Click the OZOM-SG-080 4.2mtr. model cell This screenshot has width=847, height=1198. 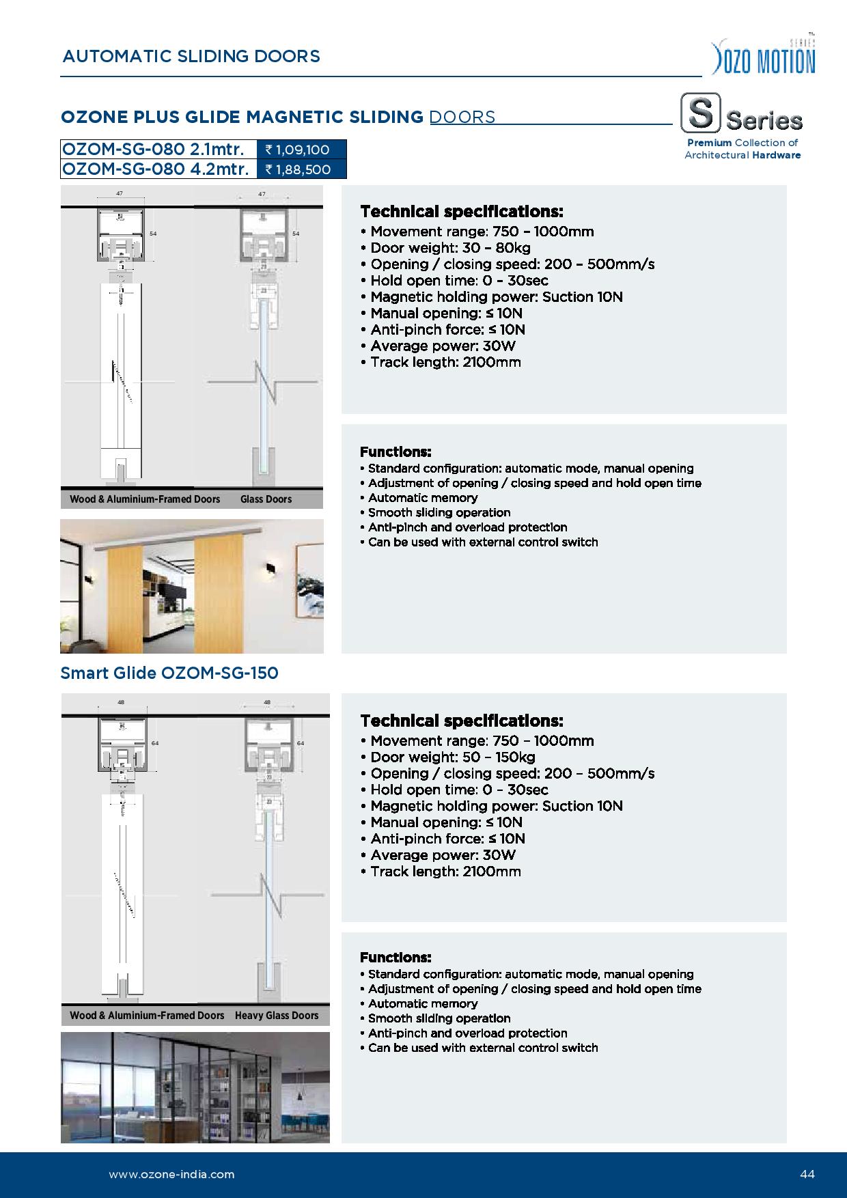point(158,169)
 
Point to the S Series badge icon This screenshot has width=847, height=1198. point(700,114)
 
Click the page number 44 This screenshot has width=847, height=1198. point(807,1174)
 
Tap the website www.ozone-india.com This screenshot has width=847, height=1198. point(171,1174)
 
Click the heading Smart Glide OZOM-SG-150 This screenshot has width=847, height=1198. point(169,673)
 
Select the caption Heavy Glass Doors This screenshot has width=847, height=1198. point(277,1016)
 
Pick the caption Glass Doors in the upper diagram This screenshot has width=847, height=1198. point(266,499)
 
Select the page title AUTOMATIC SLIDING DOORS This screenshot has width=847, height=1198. point(191,56)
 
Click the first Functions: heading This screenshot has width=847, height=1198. point(395,451)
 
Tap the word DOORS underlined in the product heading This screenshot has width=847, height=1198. point(462,117)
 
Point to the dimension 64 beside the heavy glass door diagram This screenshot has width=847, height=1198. point(301,742)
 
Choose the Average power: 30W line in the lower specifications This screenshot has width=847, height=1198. point(443,855)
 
